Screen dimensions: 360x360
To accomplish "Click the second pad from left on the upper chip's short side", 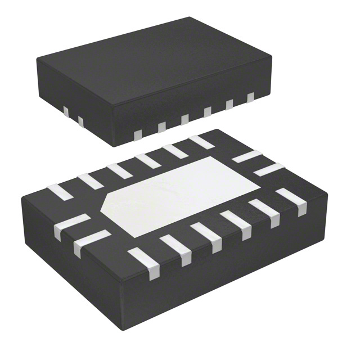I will [x=80, y=121].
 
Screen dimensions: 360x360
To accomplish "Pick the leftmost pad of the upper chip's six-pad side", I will [x=137, y=134].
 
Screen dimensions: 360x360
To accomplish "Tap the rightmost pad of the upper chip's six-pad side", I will [x=250, y=97].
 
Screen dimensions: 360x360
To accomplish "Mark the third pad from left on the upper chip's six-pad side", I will [x=184, y=119].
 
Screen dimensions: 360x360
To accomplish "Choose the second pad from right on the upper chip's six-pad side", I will [x=229, y=105].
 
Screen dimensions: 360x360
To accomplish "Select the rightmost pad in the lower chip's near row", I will [x=294, y=201].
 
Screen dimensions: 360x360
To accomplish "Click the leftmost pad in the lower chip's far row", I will [x=60, y=192].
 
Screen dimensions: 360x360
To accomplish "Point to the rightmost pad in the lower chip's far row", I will [x=201, y=142].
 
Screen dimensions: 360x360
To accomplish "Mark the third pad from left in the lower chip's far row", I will [x=119, y=170].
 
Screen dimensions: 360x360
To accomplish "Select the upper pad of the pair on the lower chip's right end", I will [x=246, y=156].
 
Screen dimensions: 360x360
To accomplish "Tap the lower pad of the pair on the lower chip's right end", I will [x=268, y=169].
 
